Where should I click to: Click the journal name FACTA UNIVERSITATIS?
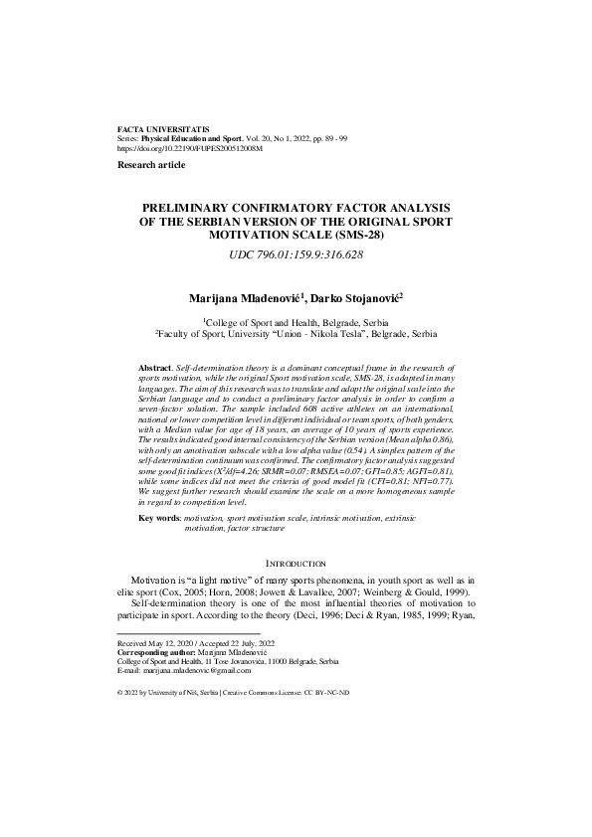[163, 130]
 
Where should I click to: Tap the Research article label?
[150, 163]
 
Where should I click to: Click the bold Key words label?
[160, 518]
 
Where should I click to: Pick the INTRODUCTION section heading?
[295, 564]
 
